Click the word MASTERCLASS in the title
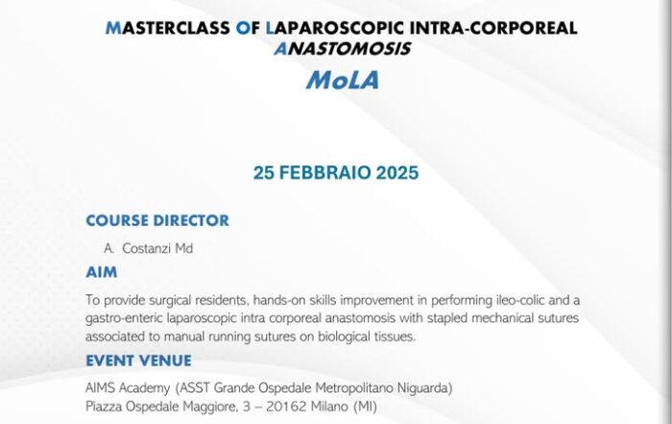168,28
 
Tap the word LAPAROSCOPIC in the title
335,28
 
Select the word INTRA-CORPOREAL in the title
493,28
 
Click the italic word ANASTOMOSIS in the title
343,49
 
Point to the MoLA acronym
343,80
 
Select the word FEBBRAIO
324,173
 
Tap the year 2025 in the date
397,173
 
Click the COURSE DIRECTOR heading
157,220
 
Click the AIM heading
102,272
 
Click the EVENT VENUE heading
139,361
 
